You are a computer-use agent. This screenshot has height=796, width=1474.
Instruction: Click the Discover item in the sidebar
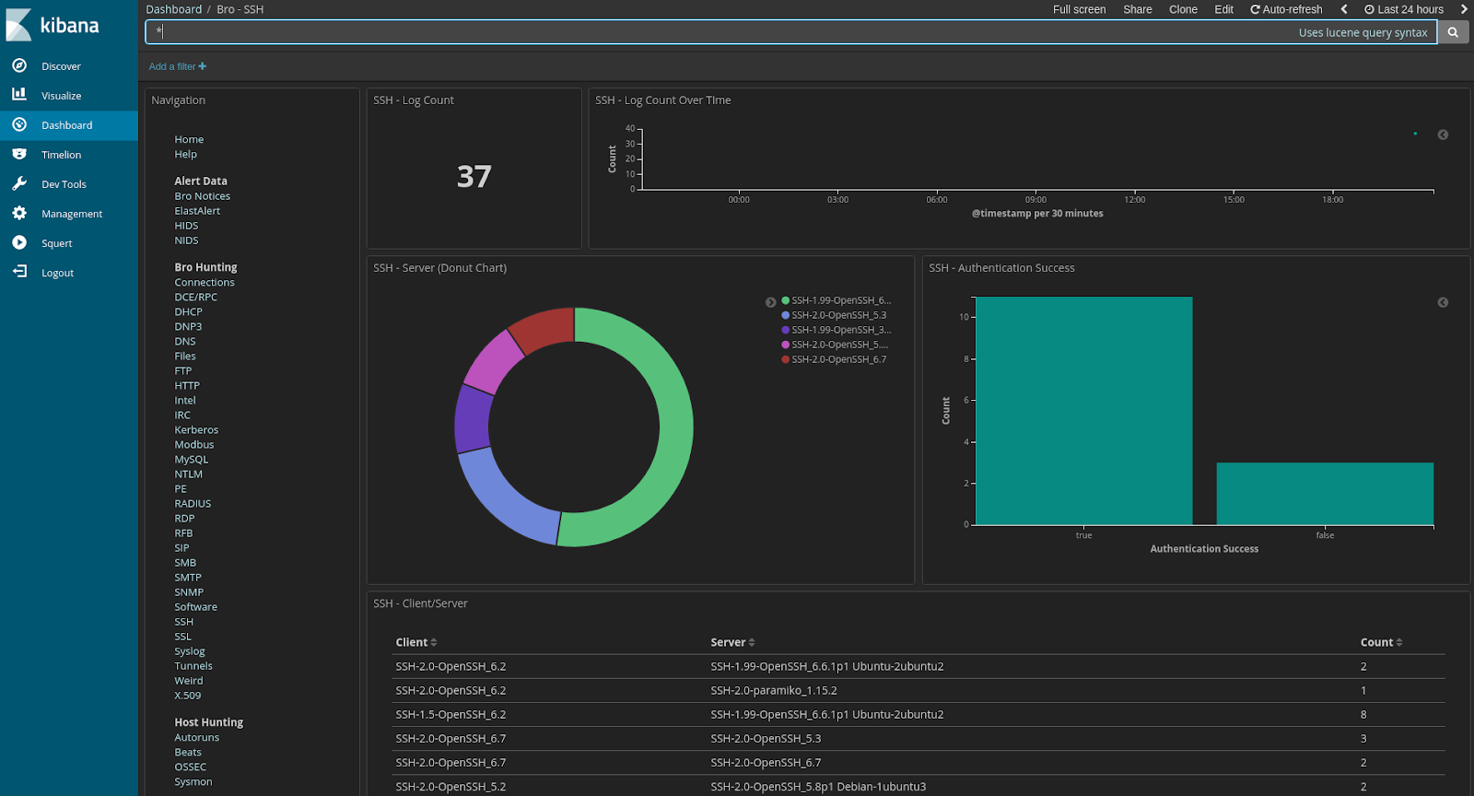click(x=61, y=66)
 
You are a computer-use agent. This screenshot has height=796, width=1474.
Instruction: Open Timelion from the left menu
click(x=61, y=155)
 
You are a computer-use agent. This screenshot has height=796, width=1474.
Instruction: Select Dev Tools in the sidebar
click(x=64, y=184)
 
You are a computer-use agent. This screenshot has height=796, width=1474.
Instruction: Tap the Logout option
click(x=57, y=273)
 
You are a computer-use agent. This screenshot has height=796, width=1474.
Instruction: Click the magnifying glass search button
click(x=1453, y=32)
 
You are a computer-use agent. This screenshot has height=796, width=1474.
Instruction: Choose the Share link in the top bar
click(x=1137, y=9)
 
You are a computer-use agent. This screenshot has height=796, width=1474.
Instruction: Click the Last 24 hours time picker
click(x=1404, y=9)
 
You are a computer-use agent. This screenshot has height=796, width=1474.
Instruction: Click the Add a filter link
click(x=178, y=66)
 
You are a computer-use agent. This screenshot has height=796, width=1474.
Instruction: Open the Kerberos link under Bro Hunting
click(x=196, y=430)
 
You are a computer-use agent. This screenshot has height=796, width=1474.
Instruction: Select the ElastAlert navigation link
click(x=197, y=211)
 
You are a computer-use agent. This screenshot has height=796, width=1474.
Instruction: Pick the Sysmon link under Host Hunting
click(x=193, y=782)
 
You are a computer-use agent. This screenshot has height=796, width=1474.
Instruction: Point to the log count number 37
click(x=474, y=176)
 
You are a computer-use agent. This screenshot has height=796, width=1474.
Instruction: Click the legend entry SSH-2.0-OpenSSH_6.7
click(x=838, y=359)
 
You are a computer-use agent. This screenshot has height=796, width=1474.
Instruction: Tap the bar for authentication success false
click(x=1325, y=494)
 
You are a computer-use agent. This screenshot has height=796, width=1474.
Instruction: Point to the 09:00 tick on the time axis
click(x=1035, y=199)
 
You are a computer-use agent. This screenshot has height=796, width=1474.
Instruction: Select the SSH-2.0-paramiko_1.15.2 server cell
click(x=774, y=690)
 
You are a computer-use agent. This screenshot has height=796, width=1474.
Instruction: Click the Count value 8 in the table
click(x=1363, y=714)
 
